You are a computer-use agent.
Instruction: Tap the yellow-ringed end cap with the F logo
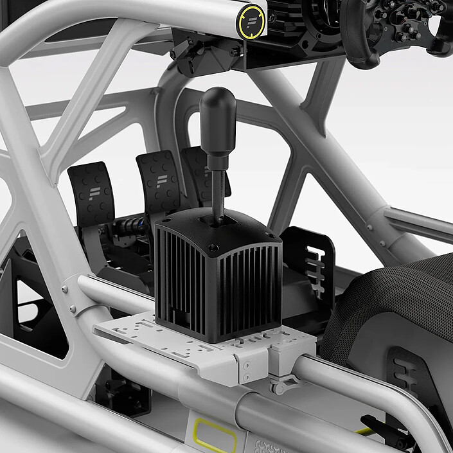(251, 21)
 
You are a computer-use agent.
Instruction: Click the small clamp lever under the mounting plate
(283, 386)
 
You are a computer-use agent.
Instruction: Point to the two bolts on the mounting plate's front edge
(247, 370)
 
